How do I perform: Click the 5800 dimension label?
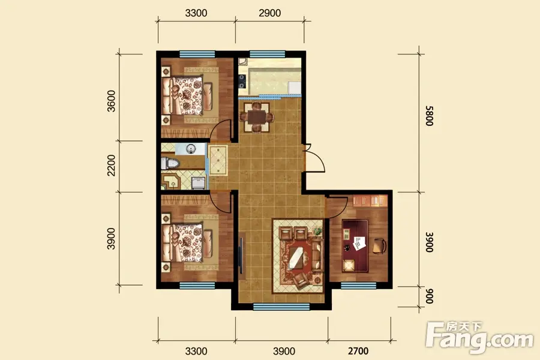(x=429, y=116)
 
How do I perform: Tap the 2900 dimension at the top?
(x=269, y=13)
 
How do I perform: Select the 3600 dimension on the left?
(x=111, y=101)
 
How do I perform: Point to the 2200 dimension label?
(x=111, y=165)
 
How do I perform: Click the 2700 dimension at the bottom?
(x=358, y=351)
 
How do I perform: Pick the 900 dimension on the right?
(x=429, y=296)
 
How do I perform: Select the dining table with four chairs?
(x=257, y=117)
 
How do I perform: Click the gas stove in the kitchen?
(x=242, y=82)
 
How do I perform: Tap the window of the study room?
(x=358, y=286)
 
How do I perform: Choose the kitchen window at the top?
(x=267, y=54)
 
